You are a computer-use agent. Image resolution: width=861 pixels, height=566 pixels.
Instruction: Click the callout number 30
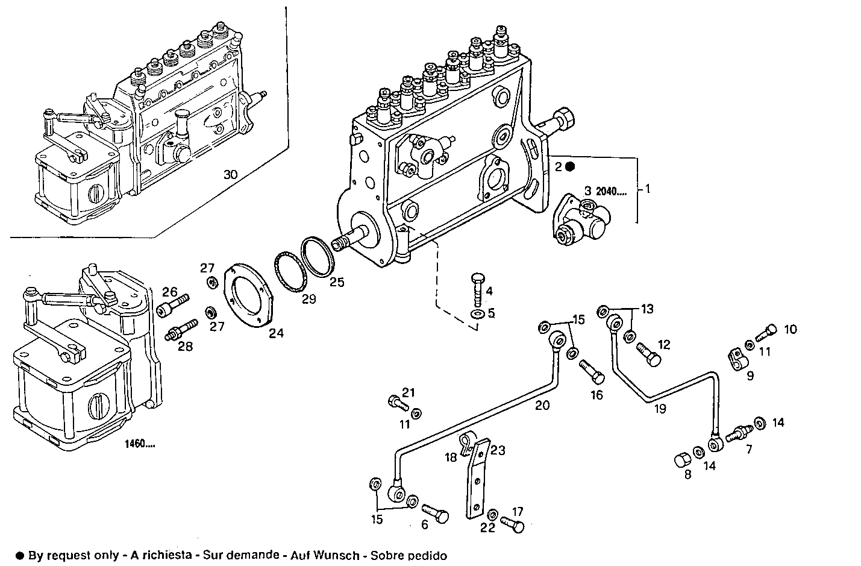230,175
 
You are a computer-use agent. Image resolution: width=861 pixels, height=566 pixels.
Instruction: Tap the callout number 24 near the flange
276,333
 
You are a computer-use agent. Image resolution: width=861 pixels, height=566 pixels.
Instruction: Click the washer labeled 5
476,314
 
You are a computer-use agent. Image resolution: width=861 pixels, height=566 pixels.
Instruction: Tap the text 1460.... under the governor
140,445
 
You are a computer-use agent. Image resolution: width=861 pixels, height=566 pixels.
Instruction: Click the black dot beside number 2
570,167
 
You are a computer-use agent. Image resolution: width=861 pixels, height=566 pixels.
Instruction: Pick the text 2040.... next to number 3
611,191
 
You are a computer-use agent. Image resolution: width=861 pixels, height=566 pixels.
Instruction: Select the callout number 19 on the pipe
660,409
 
